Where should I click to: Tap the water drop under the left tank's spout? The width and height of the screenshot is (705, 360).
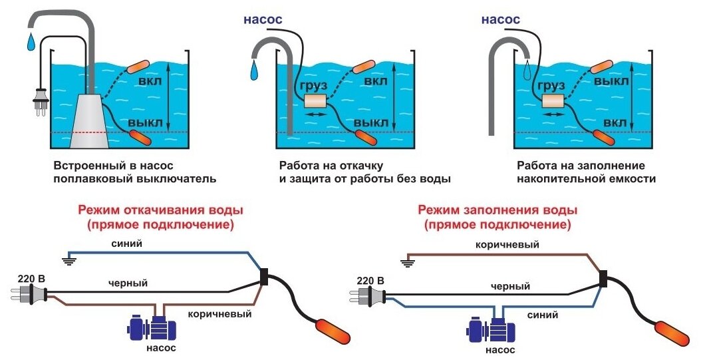[x=31, y=42]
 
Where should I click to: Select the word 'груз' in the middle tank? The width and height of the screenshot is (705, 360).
[x=311, y=85]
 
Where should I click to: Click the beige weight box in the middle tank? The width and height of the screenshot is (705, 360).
[x=317, y=101]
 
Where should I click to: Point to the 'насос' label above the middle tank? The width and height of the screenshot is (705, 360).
[x=263, y=19]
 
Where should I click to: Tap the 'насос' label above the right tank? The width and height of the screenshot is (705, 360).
[x=500, y=19]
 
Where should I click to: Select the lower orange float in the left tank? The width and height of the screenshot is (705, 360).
[x=140, y=138]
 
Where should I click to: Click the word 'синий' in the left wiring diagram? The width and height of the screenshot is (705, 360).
[x=127, y=244]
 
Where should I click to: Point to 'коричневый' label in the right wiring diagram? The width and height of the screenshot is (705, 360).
[x=507, y=246]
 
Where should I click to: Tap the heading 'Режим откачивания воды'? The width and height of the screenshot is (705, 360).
[x=161, y=210]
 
